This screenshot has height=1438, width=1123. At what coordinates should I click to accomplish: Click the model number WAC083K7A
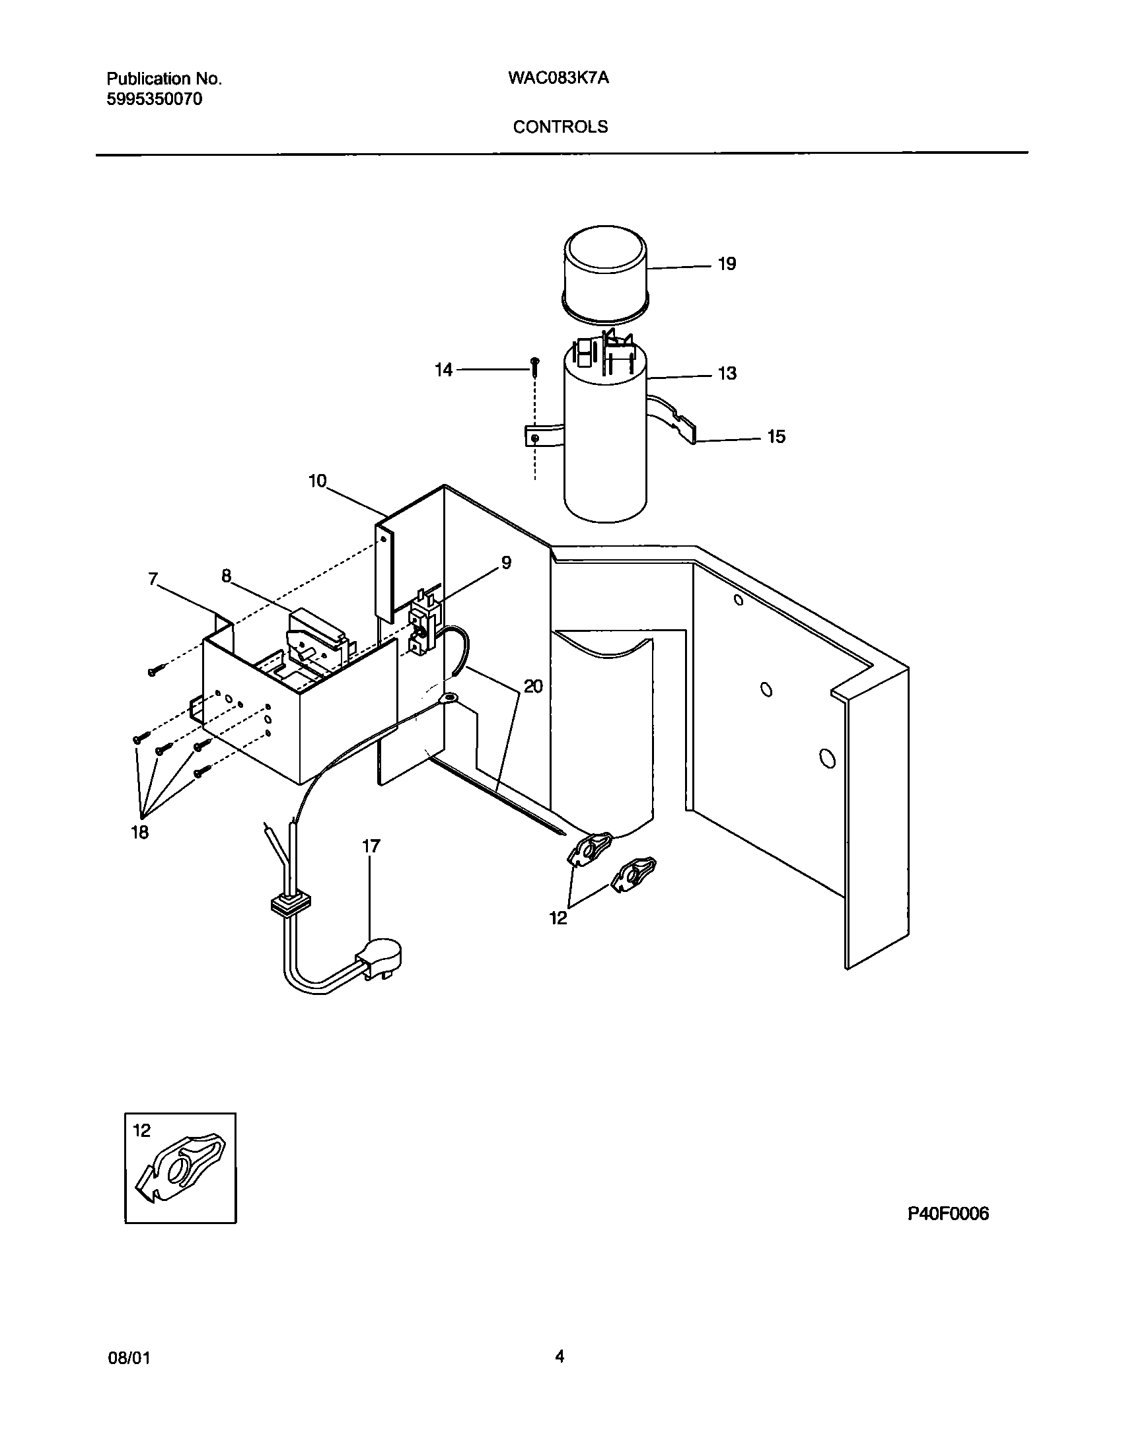pyautogui.click(x=558, y=79)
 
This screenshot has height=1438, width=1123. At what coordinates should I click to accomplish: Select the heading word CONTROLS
pyautogui.click(x=560, y=127)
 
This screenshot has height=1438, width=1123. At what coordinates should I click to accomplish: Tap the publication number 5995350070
pyautogui.click(x=155, y=100)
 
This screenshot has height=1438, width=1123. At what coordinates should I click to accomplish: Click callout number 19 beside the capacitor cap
pyautogui.click(x=727, y=264)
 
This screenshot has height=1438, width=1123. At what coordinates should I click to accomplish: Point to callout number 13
pyautogui.click(x=727, y=374)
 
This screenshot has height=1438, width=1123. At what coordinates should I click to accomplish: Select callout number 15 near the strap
pyautogui.click(x=776, y=437)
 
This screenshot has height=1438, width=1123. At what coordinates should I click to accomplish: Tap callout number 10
pyautogui.click(x=317, y=481)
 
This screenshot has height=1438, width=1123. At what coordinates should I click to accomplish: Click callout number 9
pyautogui.click(x=506, y=563)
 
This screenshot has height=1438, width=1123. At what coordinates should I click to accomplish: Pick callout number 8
pyautogui.click(x=227, y=576)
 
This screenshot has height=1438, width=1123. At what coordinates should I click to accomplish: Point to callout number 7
pyautogui.click(x=153, y=580)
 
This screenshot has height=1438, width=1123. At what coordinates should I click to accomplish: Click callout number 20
pyautogui.click(x=533, y=687)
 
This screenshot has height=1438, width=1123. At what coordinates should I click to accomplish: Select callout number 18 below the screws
pyautogui.click(x=140, y=833)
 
